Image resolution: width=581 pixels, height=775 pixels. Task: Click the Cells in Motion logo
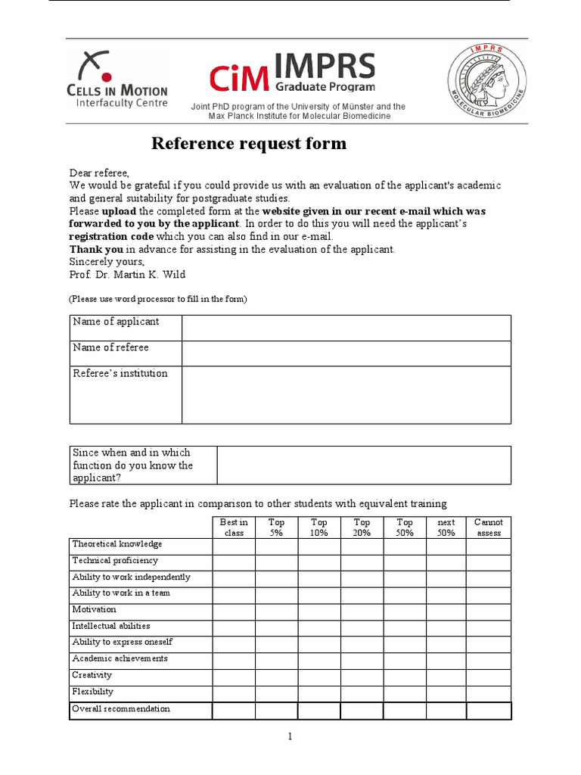click(118, 79)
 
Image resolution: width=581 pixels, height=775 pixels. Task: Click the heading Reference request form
click(249, 143)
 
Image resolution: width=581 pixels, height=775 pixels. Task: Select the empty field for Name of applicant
click(346, 328)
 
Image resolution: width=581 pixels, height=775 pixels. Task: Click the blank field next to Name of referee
click(346, 353)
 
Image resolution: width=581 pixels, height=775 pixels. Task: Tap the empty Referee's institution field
click(346, 394)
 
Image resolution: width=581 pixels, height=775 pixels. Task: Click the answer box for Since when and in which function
click(363, 465)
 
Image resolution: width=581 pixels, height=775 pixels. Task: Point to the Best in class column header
click(234, 528)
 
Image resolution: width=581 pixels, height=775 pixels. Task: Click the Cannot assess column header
click(489, 528)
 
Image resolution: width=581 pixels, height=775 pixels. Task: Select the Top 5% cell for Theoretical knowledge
click(276, 545)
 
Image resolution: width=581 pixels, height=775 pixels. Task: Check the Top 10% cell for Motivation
click(319, 610)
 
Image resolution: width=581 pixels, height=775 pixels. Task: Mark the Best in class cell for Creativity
click(234, 676)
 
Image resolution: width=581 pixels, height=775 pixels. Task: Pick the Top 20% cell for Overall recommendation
click(362, 711)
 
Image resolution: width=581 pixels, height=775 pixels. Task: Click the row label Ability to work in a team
click(121, 593)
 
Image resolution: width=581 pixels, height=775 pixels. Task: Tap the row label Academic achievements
click(120, 659)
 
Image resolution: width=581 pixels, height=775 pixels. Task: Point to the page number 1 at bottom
click(290, 736)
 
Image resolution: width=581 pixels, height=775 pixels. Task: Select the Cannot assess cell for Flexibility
click(489, 693)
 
